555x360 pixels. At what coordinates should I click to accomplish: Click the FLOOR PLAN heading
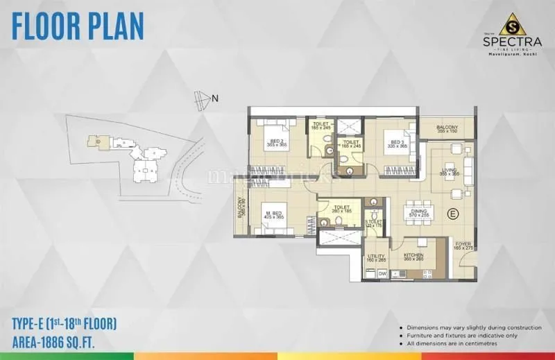pos(78,26)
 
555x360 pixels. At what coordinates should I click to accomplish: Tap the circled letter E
pos(452,213)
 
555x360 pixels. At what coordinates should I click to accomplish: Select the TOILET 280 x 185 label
pos(341,208)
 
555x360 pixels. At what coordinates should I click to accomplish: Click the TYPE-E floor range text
pos(64,323)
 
